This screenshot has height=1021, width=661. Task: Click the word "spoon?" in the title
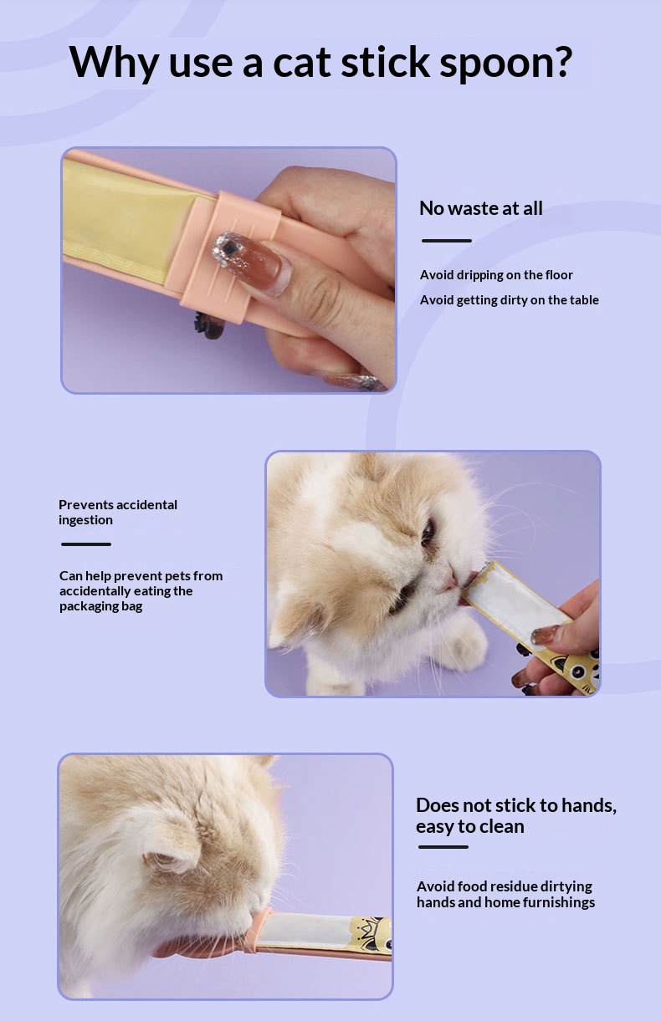click(505, 63)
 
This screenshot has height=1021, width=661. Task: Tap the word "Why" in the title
click(114, 63)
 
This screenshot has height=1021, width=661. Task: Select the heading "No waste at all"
click(481, 208)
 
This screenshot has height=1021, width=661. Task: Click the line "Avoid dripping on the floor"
click(496, 275)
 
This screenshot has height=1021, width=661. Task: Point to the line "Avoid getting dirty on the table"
click(509, 300)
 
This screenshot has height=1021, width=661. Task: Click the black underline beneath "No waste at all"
click(447, 241)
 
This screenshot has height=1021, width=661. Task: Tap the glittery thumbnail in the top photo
click(252, 261)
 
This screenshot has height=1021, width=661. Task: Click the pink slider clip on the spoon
click(228, 257)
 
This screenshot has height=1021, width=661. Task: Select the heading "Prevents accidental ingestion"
click(118, 513)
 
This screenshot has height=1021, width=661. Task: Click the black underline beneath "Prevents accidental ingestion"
click(86, 544)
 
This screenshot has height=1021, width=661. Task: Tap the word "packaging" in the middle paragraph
click(89, 606)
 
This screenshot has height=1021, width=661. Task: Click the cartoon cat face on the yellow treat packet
click(582, 669)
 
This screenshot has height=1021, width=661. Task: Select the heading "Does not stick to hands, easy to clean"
click(516, 815)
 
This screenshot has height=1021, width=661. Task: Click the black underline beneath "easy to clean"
click(443, 847)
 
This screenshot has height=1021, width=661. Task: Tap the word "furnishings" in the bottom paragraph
click(559, 902)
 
